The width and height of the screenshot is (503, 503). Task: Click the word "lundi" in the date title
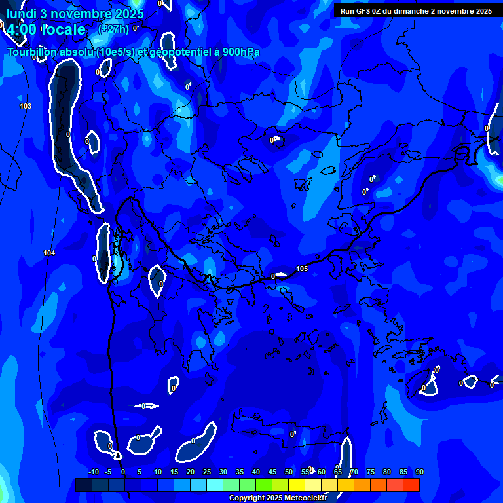point(22,14)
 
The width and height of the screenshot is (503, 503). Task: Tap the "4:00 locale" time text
point(46,29)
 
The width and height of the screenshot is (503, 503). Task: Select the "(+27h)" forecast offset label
point(113,29)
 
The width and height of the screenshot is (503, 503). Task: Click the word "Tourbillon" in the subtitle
point(33,52)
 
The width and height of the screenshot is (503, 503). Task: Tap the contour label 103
point(26,106)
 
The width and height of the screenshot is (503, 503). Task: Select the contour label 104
point(49,253)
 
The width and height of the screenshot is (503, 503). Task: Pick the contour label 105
point(302,269)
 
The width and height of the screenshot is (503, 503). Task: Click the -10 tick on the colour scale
point(93,472)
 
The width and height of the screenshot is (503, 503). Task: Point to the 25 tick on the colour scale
point(207,472)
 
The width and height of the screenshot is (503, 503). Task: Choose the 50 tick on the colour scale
point(289,472)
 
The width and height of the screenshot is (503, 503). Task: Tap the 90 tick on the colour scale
point(419,472)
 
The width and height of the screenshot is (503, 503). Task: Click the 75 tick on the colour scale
point(371,472)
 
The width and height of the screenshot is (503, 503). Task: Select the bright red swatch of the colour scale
point(411,485)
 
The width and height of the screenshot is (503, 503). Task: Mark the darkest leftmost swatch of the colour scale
point(83,485)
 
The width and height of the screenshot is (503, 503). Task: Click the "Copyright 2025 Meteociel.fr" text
point(278,498)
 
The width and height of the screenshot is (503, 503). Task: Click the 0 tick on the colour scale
point(122,472)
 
